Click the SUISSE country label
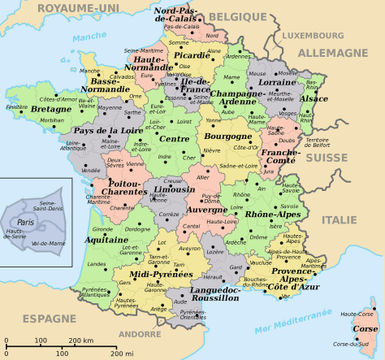pyautogui.click(x=331, y=157)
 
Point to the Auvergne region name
pyautogui.click(x=207, y=210)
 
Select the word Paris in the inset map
pyautogui.click(x=26, y=221)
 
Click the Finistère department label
pyautogui.click(x=16, y=106)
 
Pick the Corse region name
pyautogui.click(x=366, y=328)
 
